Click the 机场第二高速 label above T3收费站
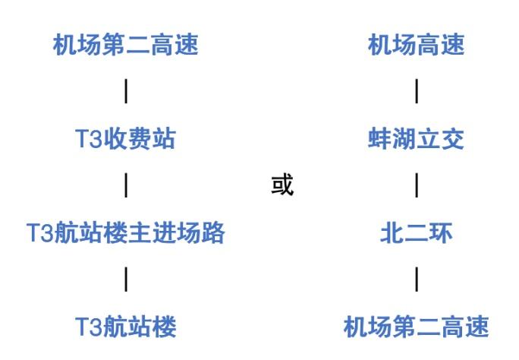[x=125, y=45]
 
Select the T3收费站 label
[x=125, y=139]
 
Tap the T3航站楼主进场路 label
[x=125, y=232]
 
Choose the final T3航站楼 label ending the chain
[x=125, y=327]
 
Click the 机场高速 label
[x=416, y=45]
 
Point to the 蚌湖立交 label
[x=416, y=139]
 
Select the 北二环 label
[x=416, y=232]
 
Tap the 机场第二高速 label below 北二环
[x=416, y=327]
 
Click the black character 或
[x=282, y=185]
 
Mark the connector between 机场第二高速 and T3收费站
[x=125, y=92]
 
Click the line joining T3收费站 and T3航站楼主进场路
[x=125, y=185]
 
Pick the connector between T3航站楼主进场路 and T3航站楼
[x=125, y=279]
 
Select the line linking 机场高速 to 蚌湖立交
[x=416, y=92]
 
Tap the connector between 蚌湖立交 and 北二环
[x=416, y=185]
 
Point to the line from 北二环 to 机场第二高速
[x=416, y=279]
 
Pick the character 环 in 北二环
[x=440, y=232]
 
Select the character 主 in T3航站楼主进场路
[x=141, y=232]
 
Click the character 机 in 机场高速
[x=379, y=45]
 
